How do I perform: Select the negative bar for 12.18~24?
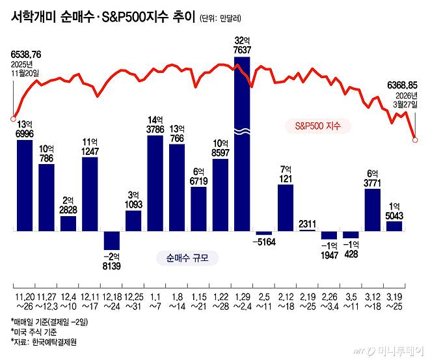click(x=111, y=240)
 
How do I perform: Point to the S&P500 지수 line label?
click(x=317, y=126)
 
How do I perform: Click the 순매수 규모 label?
click(x=187, y=258)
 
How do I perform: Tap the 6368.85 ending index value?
click(x=402, y=85)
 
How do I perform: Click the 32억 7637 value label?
click(x=241, y=46)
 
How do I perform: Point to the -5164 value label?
click(x=263, y=242)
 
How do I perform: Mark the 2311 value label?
click(x=307, y=224)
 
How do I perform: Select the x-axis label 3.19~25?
click(x=394, y=302)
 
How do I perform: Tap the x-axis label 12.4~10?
click(x=68, y=302)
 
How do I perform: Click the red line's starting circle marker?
click(x=13, y=118)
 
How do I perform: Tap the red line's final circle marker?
click(x=415, y=139)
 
